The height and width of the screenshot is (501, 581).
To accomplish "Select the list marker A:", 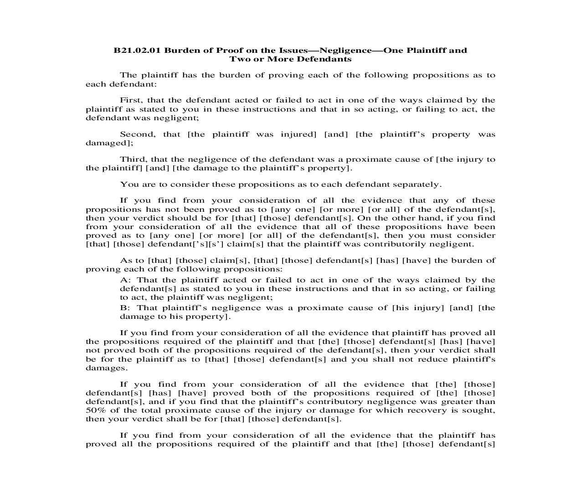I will click(x=125, y=280).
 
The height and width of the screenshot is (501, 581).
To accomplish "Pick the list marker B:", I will click(x=125, y=308).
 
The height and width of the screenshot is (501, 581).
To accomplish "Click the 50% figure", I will click(x=96, y=410).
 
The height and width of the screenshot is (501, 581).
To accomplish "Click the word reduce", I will click(x=431, y=359).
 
